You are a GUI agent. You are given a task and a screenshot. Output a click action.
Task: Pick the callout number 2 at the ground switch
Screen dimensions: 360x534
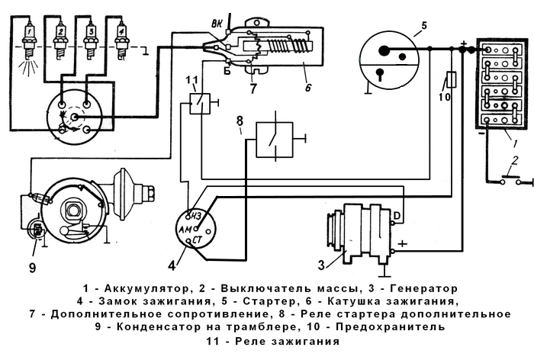coord(516,161)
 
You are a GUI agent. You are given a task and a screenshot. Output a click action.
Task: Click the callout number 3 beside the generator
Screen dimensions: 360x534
coord(322,264)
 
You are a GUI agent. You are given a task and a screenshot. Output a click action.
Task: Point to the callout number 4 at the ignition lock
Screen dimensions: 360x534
coord(172,265)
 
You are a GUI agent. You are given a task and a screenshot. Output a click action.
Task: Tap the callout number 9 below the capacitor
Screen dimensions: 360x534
coord(33,267)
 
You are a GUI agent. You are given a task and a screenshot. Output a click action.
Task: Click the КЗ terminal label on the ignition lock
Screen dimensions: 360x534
coord(196,214)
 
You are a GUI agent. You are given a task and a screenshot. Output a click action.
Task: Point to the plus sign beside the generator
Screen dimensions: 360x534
coord(403,243)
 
